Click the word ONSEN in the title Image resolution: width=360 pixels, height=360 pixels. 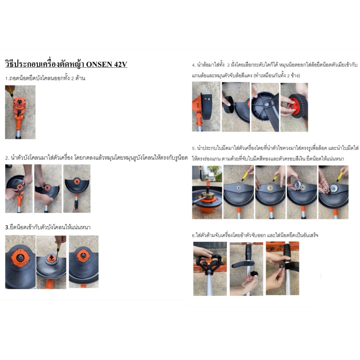coord(99,64)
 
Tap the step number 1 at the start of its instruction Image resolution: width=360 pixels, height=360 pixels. coord(6,78)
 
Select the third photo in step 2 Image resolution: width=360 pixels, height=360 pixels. coord(77,188)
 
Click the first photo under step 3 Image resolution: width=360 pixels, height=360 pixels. coord(20,262)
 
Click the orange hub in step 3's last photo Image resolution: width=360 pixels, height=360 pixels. coord(83,256)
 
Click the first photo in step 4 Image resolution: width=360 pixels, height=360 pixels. coord(206,107)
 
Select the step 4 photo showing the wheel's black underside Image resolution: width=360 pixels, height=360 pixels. coord(265,107)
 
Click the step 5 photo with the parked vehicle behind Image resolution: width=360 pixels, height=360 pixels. coord(207,192)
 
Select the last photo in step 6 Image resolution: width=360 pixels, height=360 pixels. coord(282,268)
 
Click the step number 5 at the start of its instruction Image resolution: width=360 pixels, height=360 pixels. coord(194,149)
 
